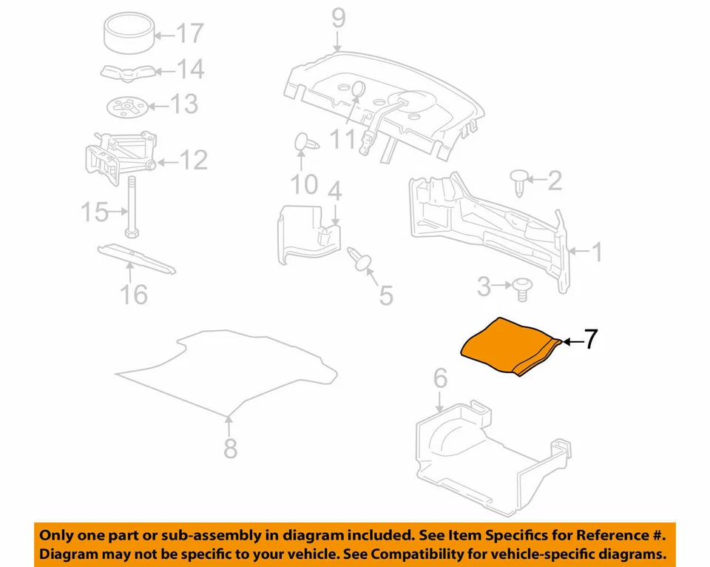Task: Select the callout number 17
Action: pos(189,33)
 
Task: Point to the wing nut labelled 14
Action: pos(126,71)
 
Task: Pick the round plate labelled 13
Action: pos(127,107)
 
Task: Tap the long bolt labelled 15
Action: pos(131,208)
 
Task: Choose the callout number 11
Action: pos(343,139)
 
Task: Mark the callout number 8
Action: pos(231,447)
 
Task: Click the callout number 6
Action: pos(440,379)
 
